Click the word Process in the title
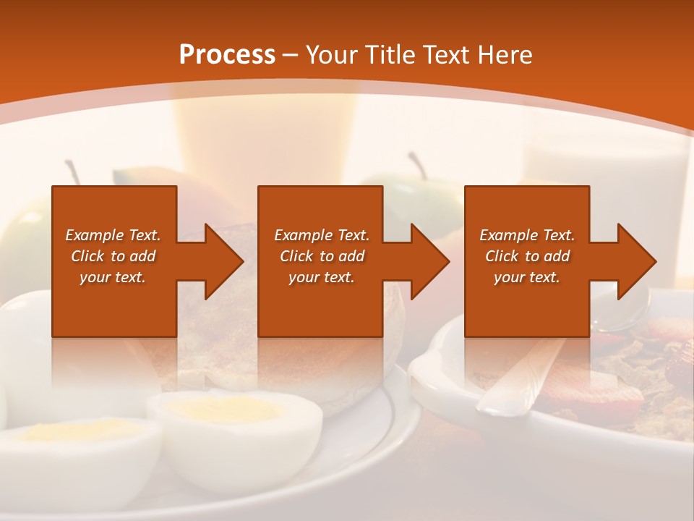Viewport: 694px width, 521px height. pos(227,54)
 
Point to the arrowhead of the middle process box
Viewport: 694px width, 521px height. pos(429,261)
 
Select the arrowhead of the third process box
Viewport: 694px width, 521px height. pos(635,261)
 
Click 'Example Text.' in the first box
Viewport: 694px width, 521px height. pos(113,235)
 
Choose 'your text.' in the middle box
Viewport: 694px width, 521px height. pos(321,277)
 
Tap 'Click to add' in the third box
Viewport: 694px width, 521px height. pos(527,256)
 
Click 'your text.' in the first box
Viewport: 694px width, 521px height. pos(113,277)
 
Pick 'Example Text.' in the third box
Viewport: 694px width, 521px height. pos(527,235)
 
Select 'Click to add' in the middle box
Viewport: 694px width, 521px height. pos(321,256)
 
